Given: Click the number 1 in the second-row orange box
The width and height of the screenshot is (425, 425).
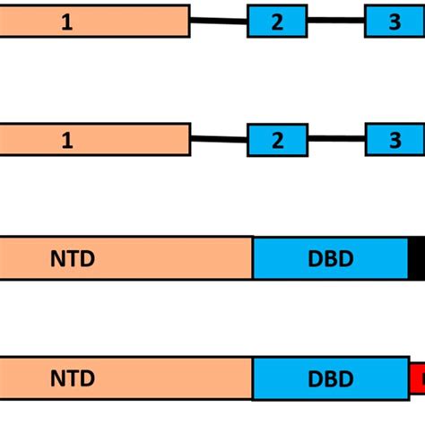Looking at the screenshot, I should (67, 140).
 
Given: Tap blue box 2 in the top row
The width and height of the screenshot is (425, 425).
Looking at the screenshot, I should (277, 22).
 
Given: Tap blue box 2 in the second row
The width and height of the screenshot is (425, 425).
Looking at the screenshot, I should (277, 140).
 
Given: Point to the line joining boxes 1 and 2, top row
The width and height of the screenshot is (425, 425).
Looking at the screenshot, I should (219, 22).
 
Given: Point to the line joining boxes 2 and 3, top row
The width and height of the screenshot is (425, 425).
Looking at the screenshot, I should (336, 21).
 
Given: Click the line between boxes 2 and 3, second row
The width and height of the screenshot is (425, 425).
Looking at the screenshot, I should (336, 139).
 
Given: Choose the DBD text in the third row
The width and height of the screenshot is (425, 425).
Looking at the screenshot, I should (330, 259).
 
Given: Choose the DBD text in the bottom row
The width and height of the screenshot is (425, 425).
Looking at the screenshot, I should (330, 377).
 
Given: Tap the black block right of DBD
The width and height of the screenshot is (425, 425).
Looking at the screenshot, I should (417, 259).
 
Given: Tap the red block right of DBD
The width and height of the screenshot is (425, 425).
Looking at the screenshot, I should (418, 377).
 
